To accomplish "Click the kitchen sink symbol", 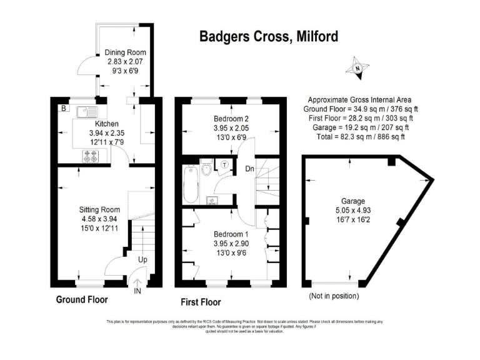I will point(85,112).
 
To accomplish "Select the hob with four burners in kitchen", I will point(90,157).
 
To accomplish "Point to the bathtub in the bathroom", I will point(192,184).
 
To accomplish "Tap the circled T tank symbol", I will point(226,165).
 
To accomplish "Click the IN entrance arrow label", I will point(137,290).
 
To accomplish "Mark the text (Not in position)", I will point(334,296).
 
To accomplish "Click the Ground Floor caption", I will point(82,299).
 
